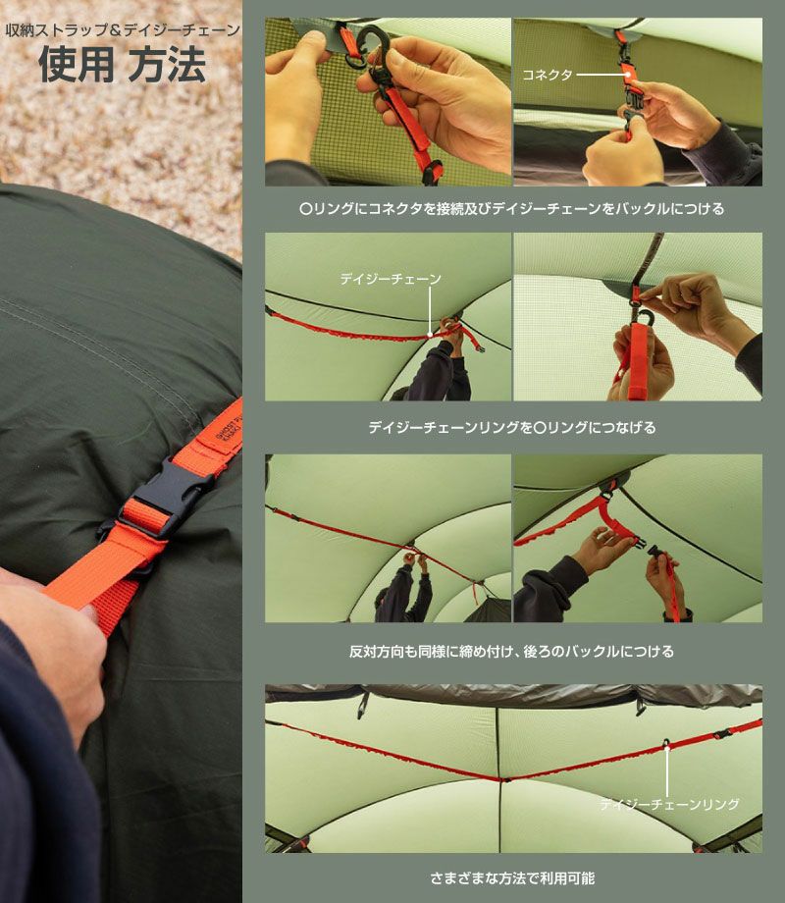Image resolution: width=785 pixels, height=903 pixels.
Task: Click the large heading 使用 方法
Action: click(122, 64)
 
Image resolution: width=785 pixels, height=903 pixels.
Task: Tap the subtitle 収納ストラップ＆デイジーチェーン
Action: click(123, 30)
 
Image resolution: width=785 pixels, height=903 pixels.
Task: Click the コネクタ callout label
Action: click(548, 75)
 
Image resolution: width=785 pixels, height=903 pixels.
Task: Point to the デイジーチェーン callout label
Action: click(391, 279)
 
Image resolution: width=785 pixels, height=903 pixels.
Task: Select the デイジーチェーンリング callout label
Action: click(669, 804)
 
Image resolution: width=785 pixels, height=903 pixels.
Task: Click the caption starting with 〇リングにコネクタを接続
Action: click(512, 208)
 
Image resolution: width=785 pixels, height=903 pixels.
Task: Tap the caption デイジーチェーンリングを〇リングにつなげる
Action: click(512, 427)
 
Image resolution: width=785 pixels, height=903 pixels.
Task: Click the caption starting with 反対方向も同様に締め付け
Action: click(511, 652)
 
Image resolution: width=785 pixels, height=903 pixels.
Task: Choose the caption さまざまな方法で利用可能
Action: click(512, 878)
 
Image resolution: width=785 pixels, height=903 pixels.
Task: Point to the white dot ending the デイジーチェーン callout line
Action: click(430, 334)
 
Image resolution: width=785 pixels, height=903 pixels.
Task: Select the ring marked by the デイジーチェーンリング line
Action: click(666, 743)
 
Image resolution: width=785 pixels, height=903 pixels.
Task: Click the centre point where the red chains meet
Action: click(505, 780)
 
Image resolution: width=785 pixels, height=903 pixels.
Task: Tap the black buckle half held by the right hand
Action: click(656, 553)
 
